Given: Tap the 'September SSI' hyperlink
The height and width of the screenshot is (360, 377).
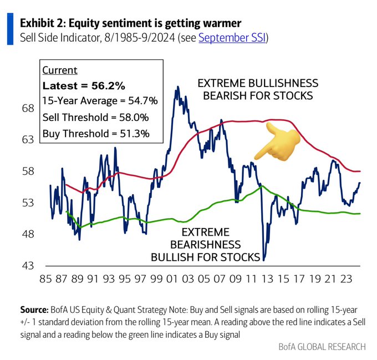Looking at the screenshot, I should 232,39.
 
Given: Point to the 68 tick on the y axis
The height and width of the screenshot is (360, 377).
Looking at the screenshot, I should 28,108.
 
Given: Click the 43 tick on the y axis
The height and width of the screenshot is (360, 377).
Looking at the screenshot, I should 28,265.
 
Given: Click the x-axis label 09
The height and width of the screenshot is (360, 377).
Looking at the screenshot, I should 235,280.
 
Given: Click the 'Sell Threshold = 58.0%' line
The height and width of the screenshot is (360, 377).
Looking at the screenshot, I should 95,118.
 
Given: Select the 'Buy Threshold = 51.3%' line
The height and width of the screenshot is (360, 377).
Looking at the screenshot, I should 95,133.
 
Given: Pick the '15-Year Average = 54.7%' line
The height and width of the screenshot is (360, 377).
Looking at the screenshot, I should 100,102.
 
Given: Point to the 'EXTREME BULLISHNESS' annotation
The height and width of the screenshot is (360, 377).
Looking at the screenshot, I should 258,83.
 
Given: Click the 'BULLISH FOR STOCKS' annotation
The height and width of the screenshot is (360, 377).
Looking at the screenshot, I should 206,257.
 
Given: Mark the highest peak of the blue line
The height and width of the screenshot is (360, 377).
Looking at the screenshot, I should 177,87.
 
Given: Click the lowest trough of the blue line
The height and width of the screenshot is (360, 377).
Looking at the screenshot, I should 264,260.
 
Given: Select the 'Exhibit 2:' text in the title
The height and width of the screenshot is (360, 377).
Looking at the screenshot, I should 43,24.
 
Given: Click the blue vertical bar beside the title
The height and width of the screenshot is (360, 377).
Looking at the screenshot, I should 10,30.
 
